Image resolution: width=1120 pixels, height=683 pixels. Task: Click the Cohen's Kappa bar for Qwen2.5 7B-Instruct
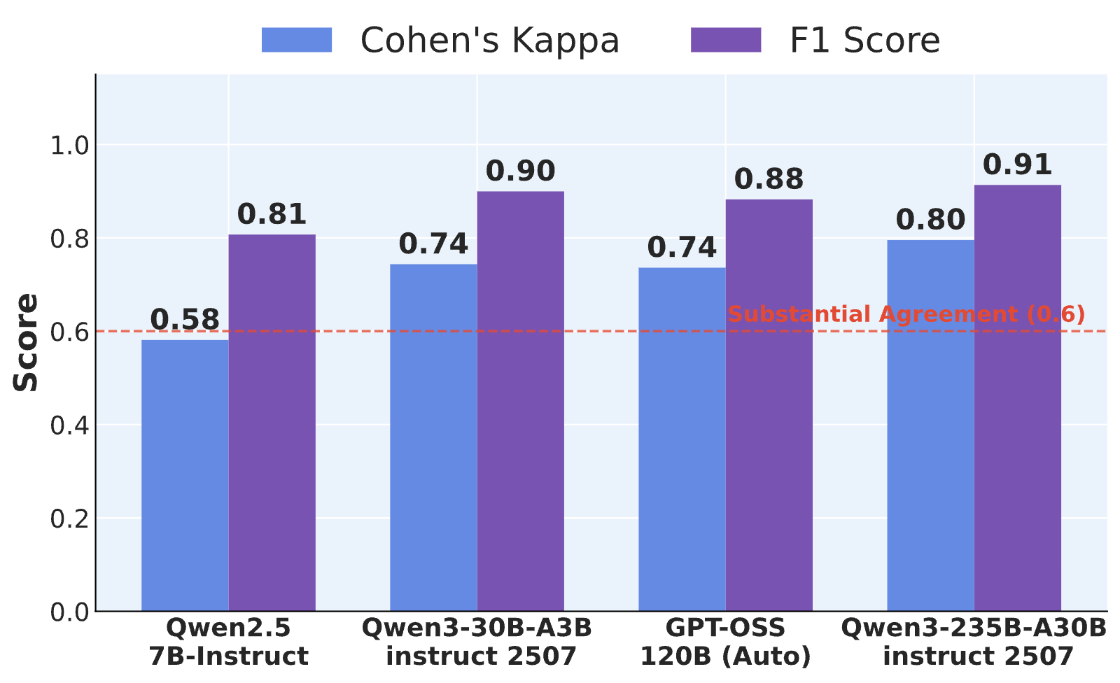point(185,475)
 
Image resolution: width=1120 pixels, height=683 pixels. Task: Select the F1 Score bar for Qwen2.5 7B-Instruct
point(272,423)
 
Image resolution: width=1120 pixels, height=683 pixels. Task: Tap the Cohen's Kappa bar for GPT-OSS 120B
point(682,439)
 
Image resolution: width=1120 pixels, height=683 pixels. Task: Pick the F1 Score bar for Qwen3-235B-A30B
point(1018,398)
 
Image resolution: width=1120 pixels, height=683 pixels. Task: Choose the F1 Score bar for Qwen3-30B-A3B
point(521,401)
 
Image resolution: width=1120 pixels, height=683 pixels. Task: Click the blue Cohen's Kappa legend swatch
point(297,40)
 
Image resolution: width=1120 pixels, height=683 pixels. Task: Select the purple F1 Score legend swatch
point(726,40)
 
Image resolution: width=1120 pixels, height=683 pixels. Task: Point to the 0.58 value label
point(185,320)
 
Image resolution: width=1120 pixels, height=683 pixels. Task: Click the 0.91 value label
point(1018,164)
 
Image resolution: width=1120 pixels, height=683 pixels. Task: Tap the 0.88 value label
point(769,179)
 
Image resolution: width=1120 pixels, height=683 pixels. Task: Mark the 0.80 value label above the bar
point(930,220)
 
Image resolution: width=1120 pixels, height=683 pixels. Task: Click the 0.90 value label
point(521,171)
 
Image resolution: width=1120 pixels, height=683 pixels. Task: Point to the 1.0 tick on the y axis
point(69,146)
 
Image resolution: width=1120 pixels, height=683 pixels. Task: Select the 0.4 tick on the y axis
point(69,425)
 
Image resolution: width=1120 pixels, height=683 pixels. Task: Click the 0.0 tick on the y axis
point(69,612)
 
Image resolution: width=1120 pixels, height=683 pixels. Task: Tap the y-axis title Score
point(25,342)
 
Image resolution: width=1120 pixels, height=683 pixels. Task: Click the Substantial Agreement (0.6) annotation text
point(906,314)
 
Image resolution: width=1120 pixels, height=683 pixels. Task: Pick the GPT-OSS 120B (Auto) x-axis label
point(725,642)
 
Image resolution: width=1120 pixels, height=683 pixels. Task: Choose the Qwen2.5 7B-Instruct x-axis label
point(228,642)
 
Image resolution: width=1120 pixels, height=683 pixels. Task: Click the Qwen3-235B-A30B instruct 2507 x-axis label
point(974,642)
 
